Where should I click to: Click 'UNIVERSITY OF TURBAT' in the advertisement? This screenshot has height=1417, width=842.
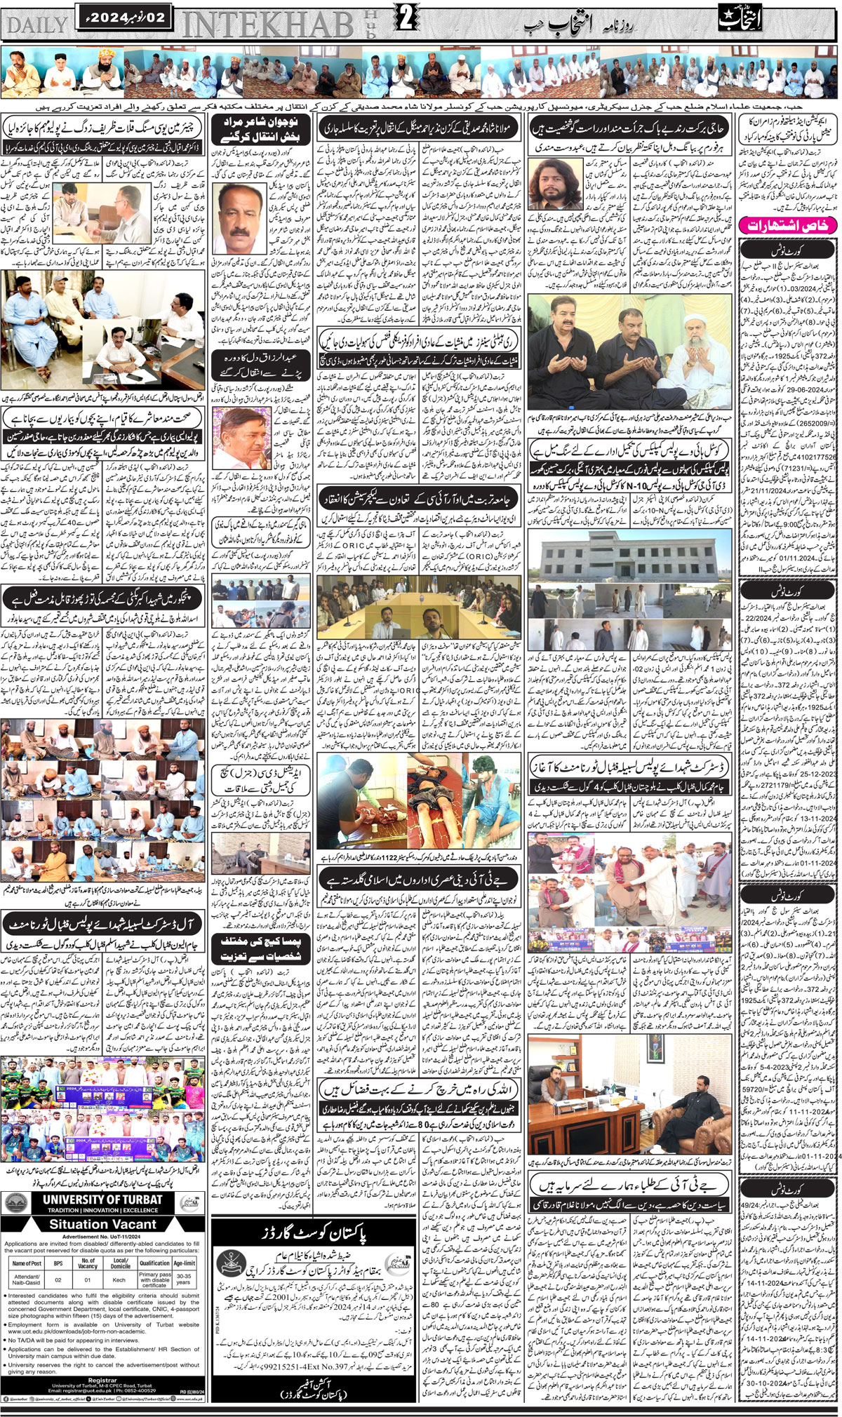102,1199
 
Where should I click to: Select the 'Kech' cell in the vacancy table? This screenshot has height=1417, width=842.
120,1279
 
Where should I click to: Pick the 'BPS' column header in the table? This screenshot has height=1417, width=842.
58,1262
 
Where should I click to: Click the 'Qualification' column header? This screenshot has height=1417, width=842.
154,1262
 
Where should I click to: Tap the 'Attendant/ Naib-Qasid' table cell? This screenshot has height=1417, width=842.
26,1279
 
